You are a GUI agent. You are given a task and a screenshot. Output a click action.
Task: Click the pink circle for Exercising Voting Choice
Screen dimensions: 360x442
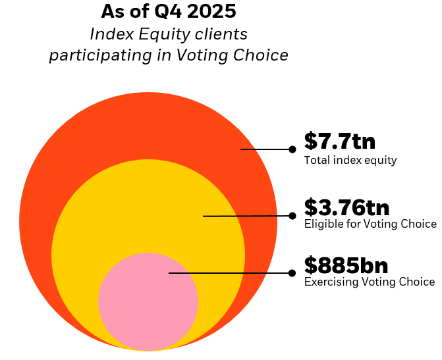[x=148, y=309]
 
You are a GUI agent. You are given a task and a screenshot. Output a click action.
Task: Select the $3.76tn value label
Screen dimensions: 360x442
[x=346, y=207]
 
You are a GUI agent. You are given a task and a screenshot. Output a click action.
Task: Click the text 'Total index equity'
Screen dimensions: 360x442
[x=350, y=160]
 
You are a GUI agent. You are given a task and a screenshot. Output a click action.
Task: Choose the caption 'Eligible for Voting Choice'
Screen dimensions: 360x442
[x=370, y=224]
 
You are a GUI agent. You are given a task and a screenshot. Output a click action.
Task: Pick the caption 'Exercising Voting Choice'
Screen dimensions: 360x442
[x=369, y=282]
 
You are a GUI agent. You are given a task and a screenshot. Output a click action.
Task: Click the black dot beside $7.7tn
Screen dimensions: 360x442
[x=292, y=149]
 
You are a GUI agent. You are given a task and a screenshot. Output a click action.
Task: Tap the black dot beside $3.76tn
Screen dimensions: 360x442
[x=292, y=215]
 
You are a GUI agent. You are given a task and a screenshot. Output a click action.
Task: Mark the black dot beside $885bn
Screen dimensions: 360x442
[x=292, y=272]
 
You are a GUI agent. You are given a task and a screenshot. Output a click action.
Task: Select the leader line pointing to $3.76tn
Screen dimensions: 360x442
[x=247, y=215]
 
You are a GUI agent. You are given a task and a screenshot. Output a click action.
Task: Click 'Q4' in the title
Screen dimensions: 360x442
[x=167, y=11]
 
